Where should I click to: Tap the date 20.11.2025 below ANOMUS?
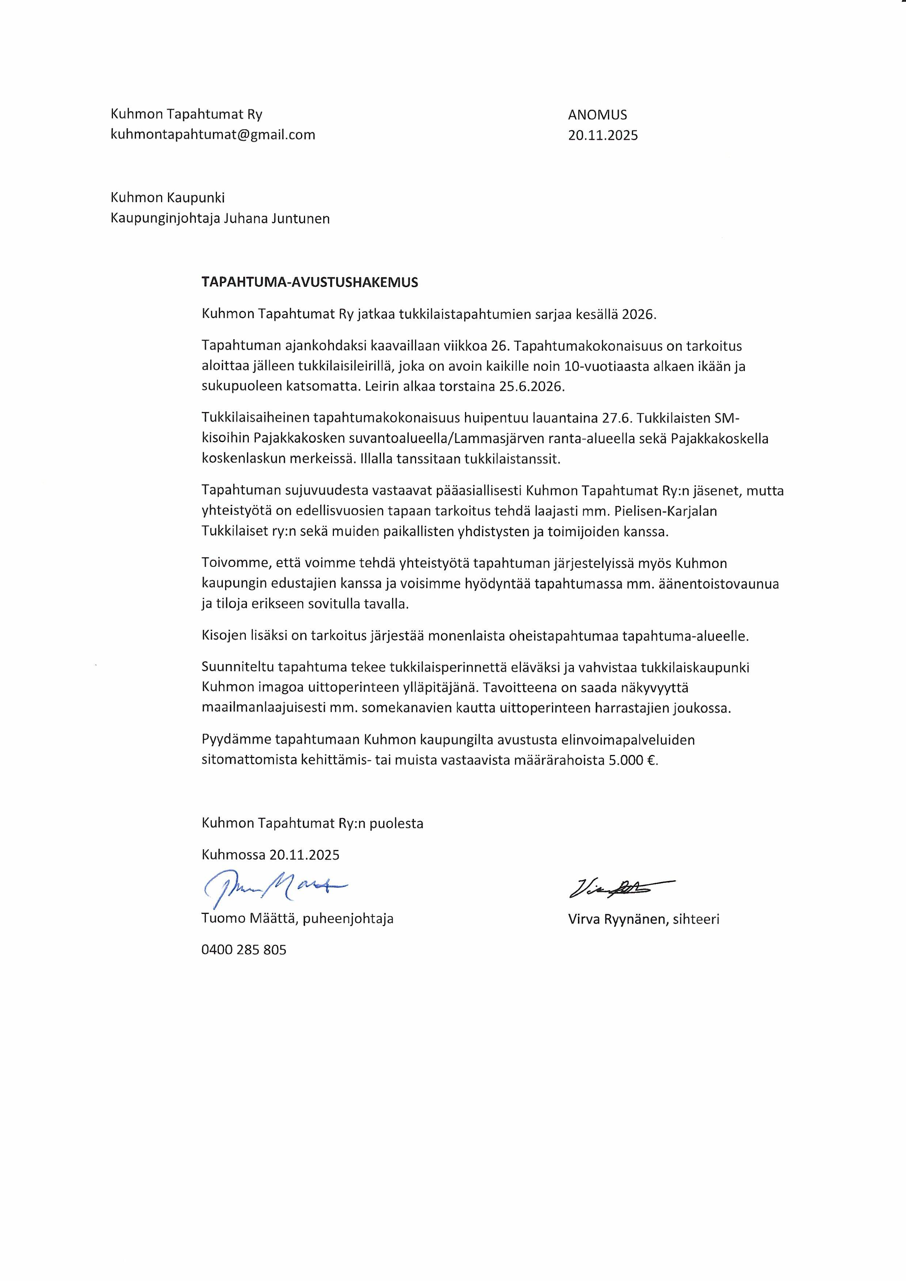click(x=602, y=136)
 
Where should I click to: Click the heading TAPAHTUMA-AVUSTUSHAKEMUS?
click(x=310, y=282)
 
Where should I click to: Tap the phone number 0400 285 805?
click(x=244, y=950)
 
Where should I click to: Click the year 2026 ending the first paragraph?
click(x=639, y=314)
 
